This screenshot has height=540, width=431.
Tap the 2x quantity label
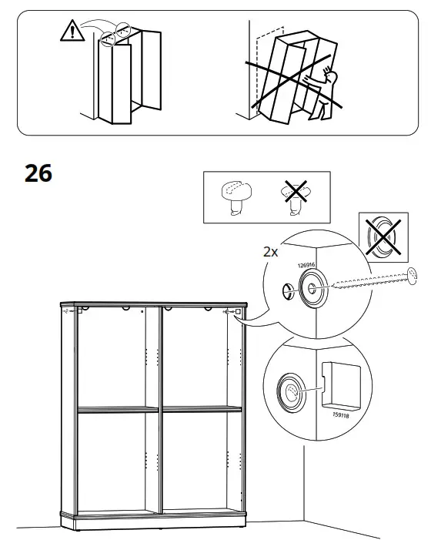271,252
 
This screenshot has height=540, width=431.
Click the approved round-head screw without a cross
235,196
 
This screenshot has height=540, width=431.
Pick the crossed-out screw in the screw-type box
292,196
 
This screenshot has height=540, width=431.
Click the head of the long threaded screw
413,273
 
